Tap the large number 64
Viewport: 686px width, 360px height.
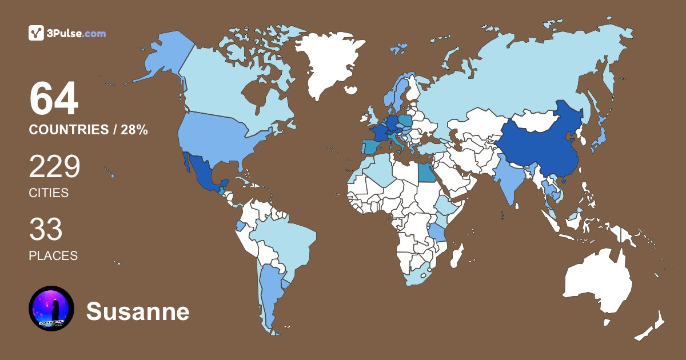(x=54, y=99)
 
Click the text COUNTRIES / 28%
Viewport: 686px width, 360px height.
(x=89, y=130)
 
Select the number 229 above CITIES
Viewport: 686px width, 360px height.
(x=55, y=167)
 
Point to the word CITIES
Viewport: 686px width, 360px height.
(x=49, y=193)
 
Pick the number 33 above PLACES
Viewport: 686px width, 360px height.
(x=46, y=230)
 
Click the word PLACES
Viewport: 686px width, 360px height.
(x=53, y=256)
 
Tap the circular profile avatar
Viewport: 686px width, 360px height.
(x=51, y=309)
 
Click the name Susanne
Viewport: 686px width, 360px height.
(x=138, y=312)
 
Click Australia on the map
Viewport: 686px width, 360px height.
(x=597, y=283)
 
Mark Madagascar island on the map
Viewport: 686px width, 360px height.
(x=457, y=255)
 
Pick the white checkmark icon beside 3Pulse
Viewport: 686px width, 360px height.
(x=37, y=33)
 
